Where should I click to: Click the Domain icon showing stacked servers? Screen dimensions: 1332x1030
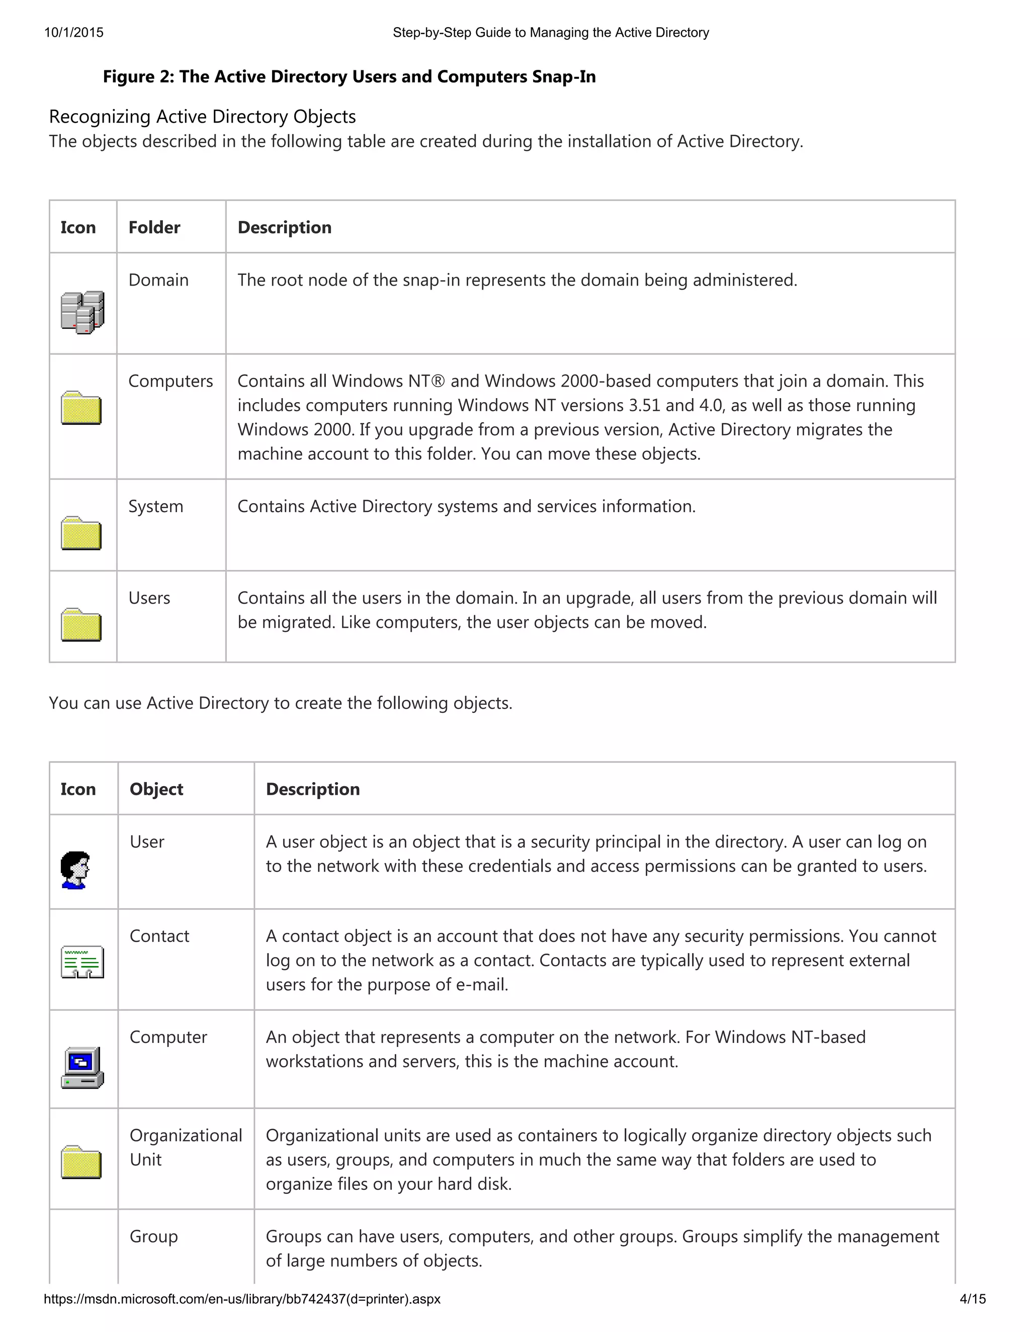tap(82, 312)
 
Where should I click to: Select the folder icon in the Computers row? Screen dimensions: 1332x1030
tap(81, 408)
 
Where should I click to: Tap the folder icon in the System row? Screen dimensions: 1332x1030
tap(81, 534)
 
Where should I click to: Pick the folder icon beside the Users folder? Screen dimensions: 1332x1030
tap(81, 625)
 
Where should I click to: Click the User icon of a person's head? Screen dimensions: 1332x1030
tap(75, 870)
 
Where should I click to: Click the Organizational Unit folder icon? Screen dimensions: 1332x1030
tap(81, 1163)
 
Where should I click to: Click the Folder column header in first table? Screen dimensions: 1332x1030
tap(154, 228)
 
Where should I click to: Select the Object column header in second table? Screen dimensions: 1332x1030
tap(156, 789)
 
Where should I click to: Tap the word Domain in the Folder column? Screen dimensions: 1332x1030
tap(158, 280)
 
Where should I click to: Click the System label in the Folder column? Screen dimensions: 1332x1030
tap(155, 506)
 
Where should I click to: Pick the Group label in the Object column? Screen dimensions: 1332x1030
tap(154, 1237)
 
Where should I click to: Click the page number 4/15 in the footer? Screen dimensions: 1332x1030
tap(973, 1299)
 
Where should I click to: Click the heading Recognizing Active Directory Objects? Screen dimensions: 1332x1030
tap(202, 117)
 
